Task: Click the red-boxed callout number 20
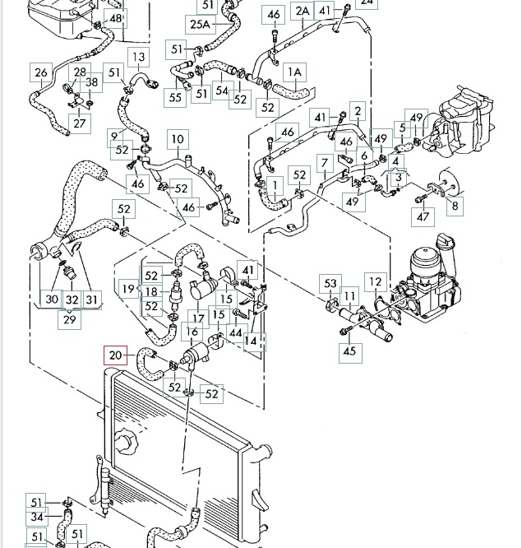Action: (116, 355)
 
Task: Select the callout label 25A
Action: (200, 25)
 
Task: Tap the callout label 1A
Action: (295, 72)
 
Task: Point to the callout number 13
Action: (139, 57)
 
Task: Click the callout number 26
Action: (41, 72)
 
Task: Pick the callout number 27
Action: (80, 123)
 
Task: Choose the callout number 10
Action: (178, 139)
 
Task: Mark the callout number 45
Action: (350, 351)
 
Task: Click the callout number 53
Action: (330, 284)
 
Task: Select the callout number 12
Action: (376, 281)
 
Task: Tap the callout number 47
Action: (423, 216)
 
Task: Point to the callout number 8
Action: (455, 206)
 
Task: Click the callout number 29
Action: (70, 319)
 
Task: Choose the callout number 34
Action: (37, 517)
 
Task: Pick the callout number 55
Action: (175, 97)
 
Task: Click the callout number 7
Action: (325, 163)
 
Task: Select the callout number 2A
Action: (302, 11)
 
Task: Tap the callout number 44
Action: (236, 332)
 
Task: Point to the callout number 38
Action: (91, 82)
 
